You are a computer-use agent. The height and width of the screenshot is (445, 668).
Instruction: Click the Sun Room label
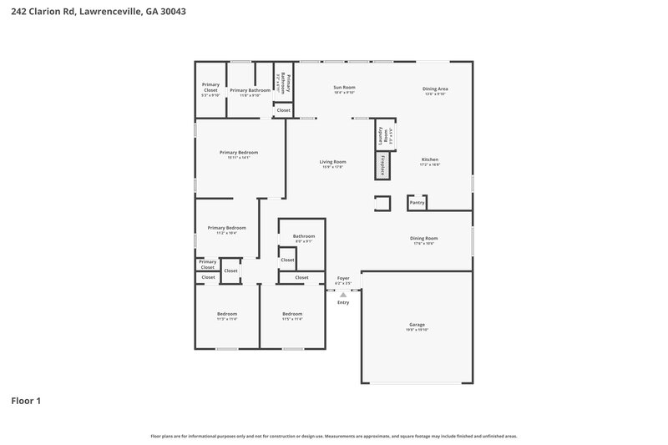coord(344,88)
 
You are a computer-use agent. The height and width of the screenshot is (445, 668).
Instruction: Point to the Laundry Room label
coord(382,134)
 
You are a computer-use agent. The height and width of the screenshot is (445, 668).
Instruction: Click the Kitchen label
coord(429,159)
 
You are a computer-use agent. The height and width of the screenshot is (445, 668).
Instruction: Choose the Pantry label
coord(417,202)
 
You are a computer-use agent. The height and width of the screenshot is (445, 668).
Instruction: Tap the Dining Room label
coord(423,238)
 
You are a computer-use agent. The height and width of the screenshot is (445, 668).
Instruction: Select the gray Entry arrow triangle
coord(342,295)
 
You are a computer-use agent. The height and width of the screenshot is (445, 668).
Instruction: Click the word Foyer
coord(343,278)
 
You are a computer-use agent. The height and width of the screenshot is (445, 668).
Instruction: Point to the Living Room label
coord(332,162)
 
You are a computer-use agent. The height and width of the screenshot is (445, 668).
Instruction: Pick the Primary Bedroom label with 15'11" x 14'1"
coord(238,153)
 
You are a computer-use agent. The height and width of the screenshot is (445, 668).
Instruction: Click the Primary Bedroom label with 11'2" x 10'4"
coord(226,228)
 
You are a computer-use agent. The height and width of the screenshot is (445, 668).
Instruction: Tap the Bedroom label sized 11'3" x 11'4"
coord(227,314)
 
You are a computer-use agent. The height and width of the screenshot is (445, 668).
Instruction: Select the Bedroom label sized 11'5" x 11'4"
coord(291,314)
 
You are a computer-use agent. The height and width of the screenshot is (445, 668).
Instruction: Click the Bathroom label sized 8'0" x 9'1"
coord(303,236)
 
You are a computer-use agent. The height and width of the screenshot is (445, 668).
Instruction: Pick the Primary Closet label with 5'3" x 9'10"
coord(210,87)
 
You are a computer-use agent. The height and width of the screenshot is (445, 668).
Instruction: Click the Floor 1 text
coord(26,401)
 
